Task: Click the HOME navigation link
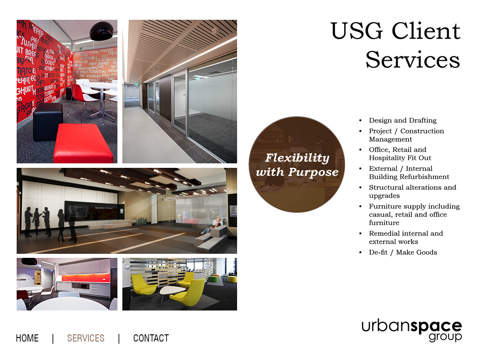click(27, 338)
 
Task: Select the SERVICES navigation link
click(85, 338)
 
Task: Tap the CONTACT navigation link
click(151, 338)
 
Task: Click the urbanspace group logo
click(411, 330)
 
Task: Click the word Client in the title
click(426, 31)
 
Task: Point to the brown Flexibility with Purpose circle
click(297, 165)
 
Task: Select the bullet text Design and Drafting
click(403, 121)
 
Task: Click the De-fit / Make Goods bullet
click(403, 252)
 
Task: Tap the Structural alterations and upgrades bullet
click(412, 192)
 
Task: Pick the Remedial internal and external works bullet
click(405, 238)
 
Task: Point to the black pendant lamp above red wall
click(103, 31)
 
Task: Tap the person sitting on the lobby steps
click(216, 225)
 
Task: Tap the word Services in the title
click(413, 60)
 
